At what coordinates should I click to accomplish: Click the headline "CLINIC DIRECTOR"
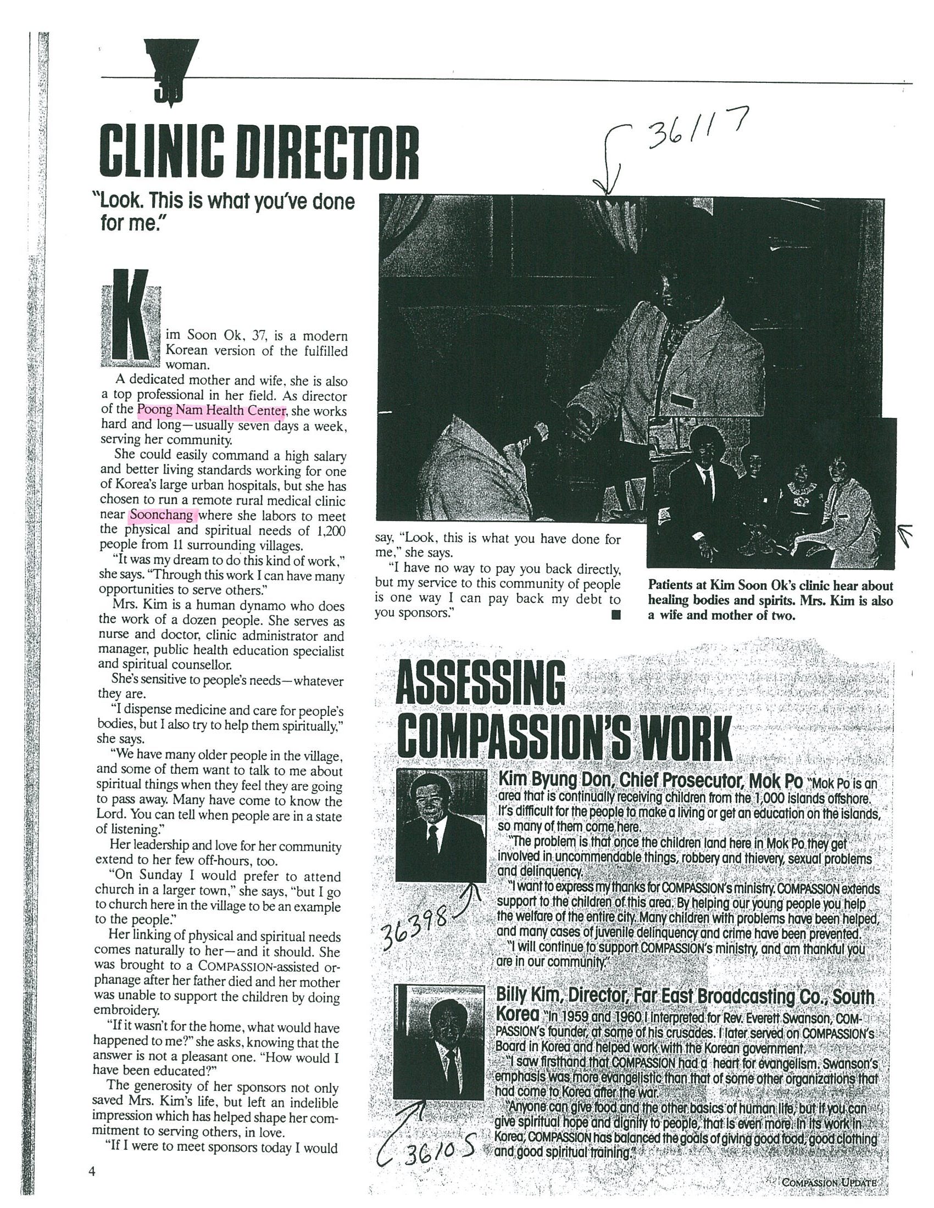(258, 151)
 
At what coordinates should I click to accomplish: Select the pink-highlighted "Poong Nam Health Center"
(212, 411)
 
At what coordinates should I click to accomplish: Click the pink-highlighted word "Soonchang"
(162, 516)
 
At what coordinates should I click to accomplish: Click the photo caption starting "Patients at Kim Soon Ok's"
(770, 600)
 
